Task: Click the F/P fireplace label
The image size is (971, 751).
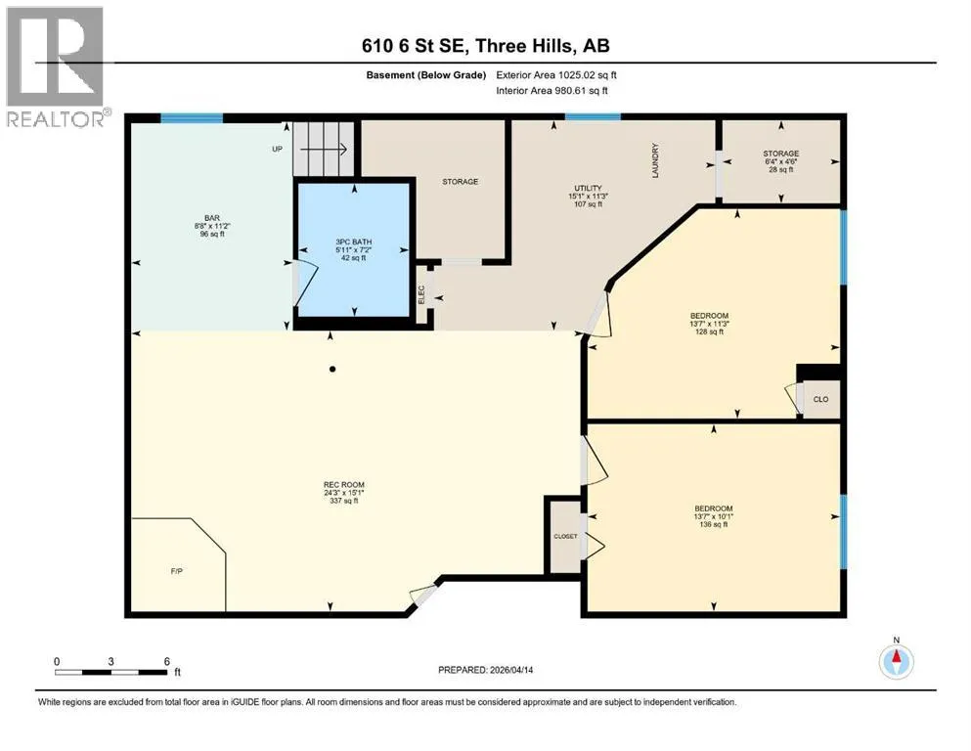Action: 176,571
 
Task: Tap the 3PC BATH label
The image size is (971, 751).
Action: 354,242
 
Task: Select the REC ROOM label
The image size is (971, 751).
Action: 343,485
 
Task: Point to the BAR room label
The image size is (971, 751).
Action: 212,218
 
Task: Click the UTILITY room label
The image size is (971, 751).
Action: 588,188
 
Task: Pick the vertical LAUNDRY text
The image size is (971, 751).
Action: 655,160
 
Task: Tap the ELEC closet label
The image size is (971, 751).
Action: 421,293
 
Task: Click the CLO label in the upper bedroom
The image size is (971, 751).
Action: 820,399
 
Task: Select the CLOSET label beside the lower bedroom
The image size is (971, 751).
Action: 565,536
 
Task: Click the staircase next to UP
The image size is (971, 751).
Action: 324,149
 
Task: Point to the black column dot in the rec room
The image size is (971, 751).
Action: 332,369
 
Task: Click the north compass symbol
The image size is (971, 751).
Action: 896,661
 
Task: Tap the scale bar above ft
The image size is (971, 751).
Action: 111,672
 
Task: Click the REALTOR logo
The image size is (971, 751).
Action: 56,66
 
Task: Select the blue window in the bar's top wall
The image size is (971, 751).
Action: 192,118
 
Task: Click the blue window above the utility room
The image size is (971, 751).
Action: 593,117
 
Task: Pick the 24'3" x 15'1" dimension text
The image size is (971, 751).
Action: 343,493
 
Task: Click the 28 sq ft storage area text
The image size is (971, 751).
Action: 781,169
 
